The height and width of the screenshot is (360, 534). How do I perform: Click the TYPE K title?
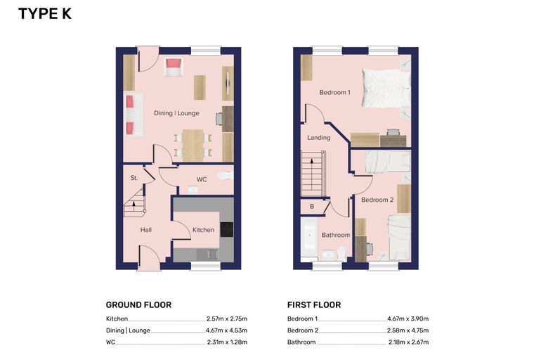coord(45,14)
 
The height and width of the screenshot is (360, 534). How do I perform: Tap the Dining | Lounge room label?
coord(176,113)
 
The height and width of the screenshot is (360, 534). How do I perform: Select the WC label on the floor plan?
coord(202,179)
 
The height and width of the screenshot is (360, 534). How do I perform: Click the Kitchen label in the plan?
coord(203,230)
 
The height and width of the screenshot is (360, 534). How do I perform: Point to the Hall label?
coord(145,230)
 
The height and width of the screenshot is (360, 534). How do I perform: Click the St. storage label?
coord(133,178)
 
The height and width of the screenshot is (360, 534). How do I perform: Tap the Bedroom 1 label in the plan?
coord(334,92)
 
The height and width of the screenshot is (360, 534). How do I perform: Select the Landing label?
coord(319,138)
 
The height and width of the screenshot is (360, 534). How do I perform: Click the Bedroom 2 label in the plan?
coord(377,200)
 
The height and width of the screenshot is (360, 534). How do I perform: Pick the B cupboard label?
coord(311,207)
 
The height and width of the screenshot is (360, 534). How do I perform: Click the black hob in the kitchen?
coord(227,229)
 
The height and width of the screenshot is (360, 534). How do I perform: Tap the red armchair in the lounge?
coord(174,67)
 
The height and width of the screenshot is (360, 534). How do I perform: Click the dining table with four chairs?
coord(193,146)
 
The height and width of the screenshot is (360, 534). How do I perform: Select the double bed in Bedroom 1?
coord(386,88)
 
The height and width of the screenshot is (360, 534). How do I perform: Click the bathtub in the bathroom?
coord(309,238)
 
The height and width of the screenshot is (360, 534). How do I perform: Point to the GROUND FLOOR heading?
coord(138,304)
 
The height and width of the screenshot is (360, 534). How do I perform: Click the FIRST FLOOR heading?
coord(314,304)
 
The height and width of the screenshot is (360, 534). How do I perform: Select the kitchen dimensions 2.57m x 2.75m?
coord(227,319)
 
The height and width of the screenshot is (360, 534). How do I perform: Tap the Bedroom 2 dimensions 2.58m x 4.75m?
coord(408,330)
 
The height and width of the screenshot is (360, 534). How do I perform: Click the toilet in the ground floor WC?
coord(225,176)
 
